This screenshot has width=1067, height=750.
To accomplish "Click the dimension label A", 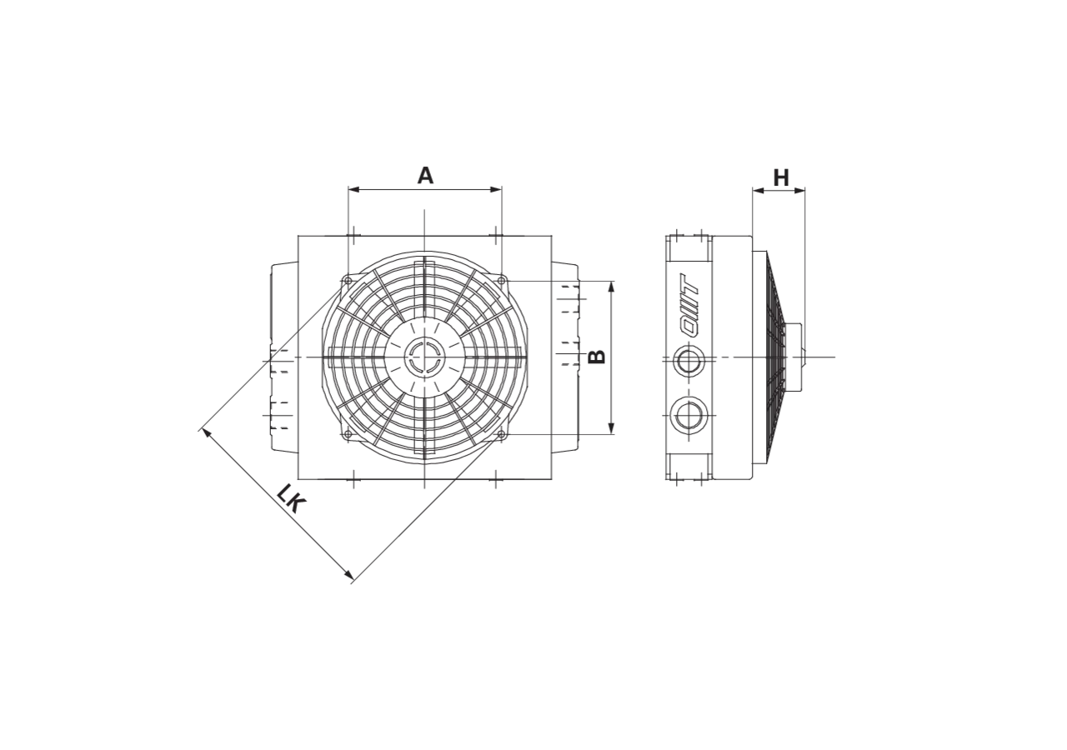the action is (x=425, y=175).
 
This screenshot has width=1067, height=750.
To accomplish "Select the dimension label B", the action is (x=596, y=357).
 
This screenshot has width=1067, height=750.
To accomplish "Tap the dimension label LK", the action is (x=290, y=498).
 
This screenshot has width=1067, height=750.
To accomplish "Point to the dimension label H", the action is (x=781, y=177).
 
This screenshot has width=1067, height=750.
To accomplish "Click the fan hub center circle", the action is (x=424, y=357).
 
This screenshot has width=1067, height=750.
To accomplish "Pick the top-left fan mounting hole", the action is (x=348, y=281).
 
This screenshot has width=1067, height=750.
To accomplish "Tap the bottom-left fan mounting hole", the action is (x=348, y=434).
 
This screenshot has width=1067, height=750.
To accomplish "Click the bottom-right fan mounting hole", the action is (x=501, y=434).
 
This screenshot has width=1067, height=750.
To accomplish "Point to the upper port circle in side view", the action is (x=688, y=362).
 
